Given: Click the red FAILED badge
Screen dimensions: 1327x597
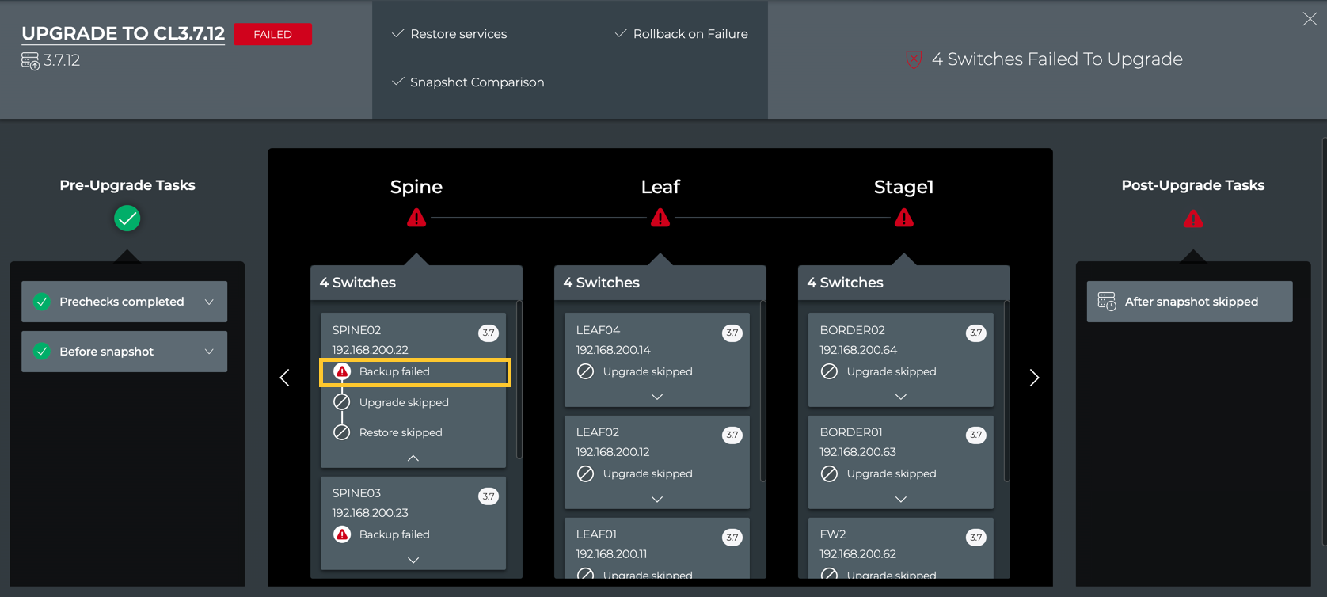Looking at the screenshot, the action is tap(272, 34).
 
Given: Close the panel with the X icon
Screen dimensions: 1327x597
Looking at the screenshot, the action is tap(1310, 20).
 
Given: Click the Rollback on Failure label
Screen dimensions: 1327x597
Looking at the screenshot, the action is tap(690, 34).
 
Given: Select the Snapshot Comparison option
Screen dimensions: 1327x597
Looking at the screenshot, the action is tap(477, 82).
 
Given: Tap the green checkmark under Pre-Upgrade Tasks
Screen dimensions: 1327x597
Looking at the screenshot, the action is tap(127, 219).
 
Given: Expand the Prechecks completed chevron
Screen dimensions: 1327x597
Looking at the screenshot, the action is tap(209, 302).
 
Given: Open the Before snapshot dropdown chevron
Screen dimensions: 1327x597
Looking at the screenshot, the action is tap(209, 352).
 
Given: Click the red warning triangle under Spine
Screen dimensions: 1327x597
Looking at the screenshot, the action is tap(416, 219).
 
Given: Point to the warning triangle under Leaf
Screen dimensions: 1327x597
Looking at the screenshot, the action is tap(660, 219).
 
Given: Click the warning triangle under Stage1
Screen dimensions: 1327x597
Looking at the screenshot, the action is tap(903, 219).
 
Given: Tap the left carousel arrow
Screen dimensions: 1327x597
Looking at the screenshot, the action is tap(285, 377).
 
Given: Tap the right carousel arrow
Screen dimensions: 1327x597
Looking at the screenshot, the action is tap(1034, 377).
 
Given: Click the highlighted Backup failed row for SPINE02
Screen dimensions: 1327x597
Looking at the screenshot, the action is tap(415, 372).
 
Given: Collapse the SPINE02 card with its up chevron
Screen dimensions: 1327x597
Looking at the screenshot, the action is tap(413, 458).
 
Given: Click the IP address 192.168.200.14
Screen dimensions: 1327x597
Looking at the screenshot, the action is tap(613, 350).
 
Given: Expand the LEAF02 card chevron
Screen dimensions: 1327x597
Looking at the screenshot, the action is tap(657, 500).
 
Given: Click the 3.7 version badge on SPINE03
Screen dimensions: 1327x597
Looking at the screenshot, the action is tap(489, 496).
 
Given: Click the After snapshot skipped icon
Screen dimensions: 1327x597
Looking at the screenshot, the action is tap(1107, 302).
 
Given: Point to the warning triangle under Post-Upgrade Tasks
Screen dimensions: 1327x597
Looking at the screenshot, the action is tap(1193, 219).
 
